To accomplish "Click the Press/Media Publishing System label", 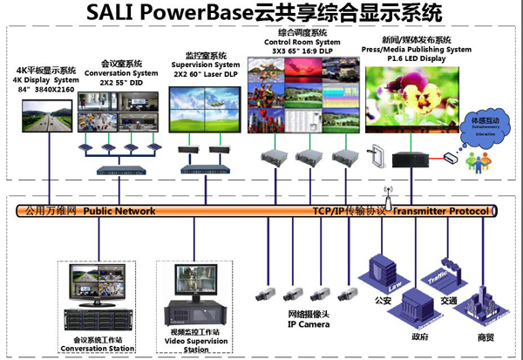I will click(417, 50).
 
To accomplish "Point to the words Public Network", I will click(119, 211).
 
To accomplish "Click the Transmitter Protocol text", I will click(445, 211).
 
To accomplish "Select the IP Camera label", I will click(309, 325).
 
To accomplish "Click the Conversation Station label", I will click(98, 349).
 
